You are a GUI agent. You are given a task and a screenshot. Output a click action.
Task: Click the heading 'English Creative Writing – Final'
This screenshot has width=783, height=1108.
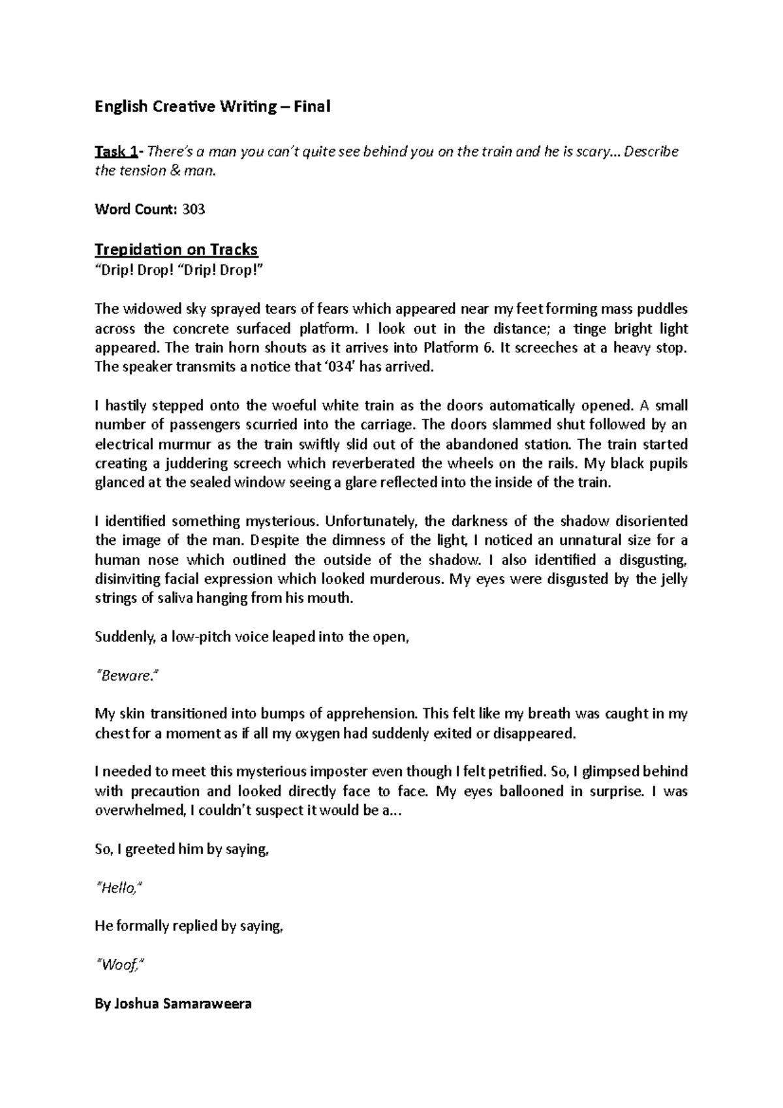(213, 106)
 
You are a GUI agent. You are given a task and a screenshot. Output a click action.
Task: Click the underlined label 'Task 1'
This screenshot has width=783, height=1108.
(115, 152)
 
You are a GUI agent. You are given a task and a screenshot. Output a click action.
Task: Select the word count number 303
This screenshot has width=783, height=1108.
(193, 209)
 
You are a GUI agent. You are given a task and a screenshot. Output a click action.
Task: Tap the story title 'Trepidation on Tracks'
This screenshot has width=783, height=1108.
(176, 249)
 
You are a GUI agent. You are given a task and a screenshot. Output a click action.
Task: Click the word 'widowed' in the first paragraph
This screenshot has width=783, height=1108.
(143, 309)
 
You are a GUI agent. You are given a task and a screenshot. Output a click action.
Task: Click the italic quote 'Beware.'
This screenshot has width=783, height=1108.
(127, 676)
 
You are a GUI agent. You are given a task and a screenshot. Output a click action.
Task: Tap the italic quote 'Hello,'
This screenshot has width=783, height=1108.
(119, 887)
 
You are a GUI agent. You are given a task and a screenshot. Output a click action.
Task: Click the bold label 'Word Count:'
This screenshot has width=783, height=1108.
(135, 209)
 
